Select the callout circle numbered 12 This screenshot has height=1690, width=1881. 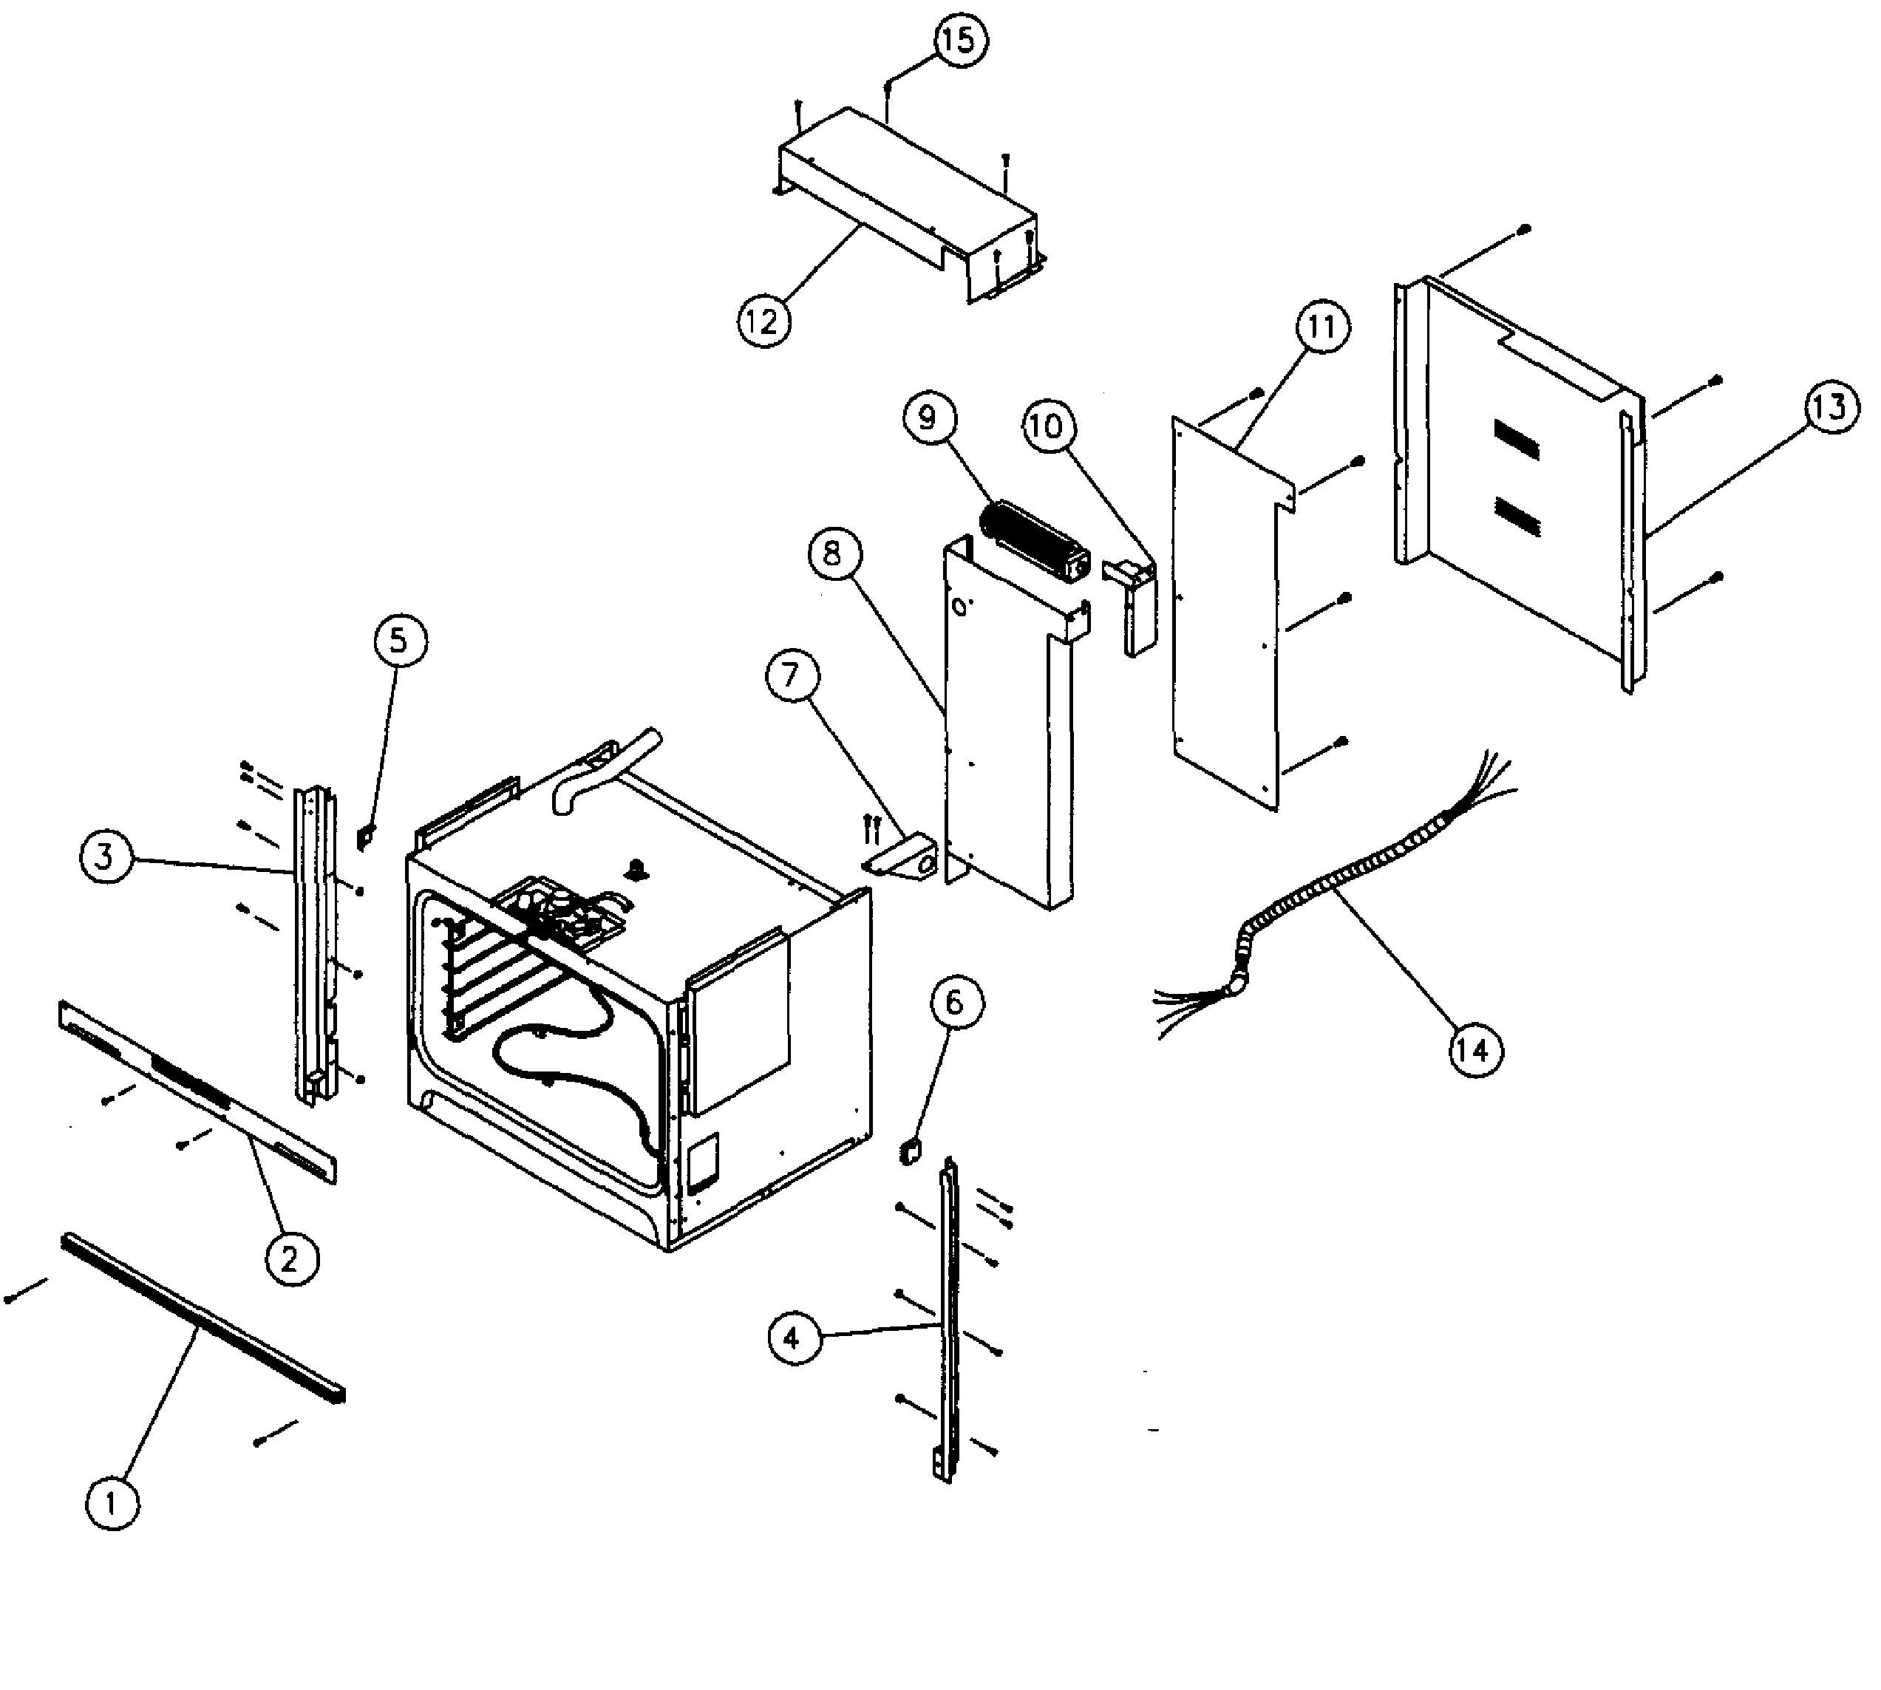coord(763,321)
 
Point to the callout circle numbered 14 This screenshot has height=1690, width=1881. coord(1475,1050)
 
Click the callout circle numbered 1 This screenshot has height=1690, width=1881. coord(112,1502)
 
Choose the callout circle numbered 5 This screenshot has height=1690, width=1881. coord(398,641)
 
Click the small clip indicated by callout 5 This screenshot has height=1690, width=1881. coord(366,837)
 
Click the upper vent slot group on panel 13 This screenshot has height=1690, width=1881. coord(1516,438)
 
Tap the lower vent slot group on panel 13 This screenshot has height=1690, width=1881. coord(1516,517)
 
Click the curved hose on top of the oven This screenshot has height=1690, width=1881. coord(604,771)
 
